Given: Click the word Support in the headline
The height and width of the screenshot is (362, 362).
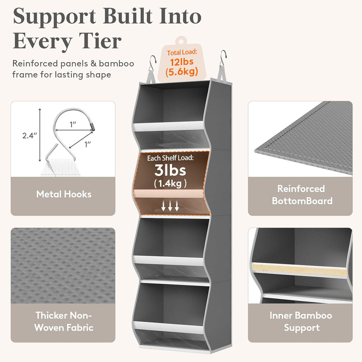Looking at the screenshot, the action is click(54, 17).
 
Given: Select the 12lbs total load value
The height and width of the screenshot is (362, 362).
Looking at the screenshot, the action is click(182, 62).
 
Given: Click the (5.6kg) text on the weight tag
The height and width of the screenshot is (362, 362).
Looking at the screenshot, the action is click(182, 72).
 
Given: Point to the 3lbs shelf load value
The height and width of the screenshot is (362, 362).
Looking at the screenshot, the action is click(170, 170).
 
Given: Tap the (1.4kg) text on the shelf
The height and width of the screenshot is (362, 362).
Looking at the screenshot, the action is click(170, 184).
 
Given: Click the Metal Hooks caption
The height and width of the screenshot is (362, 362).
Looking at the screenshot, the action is click(64, 194).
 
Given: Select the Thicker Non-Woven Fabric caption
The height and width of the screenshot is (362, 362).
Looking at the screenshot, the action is click(64, 321).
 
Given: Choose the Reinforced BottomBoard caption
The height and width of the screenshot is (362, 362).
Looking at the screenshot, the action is click(302, 195).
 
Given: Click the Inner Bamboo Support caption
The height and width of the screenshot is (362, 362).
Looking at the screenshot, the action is click(301, 321).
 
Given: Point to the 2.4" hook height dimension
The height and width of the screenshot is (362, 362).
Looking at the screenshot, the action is click(30, 135).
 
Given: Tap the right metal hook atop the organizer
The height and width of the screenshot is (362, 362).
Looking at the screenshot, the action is click(223, 58).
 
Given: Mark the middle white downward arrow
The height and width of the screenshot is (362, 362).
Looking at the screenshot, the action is click(170, 206).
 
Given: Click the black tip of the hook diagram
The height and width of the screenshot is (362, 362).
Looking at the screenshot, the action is click(93, 127).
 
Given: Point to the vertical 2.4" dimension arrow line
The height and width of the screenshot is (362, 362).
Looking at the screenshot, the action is click(40, 135).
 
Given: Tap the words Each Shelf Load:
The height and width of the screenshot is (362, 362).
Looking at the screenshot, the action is click(170, 158).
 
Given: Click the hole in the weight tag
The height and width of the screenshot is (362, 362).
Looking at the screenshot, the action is click(181, 42).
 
